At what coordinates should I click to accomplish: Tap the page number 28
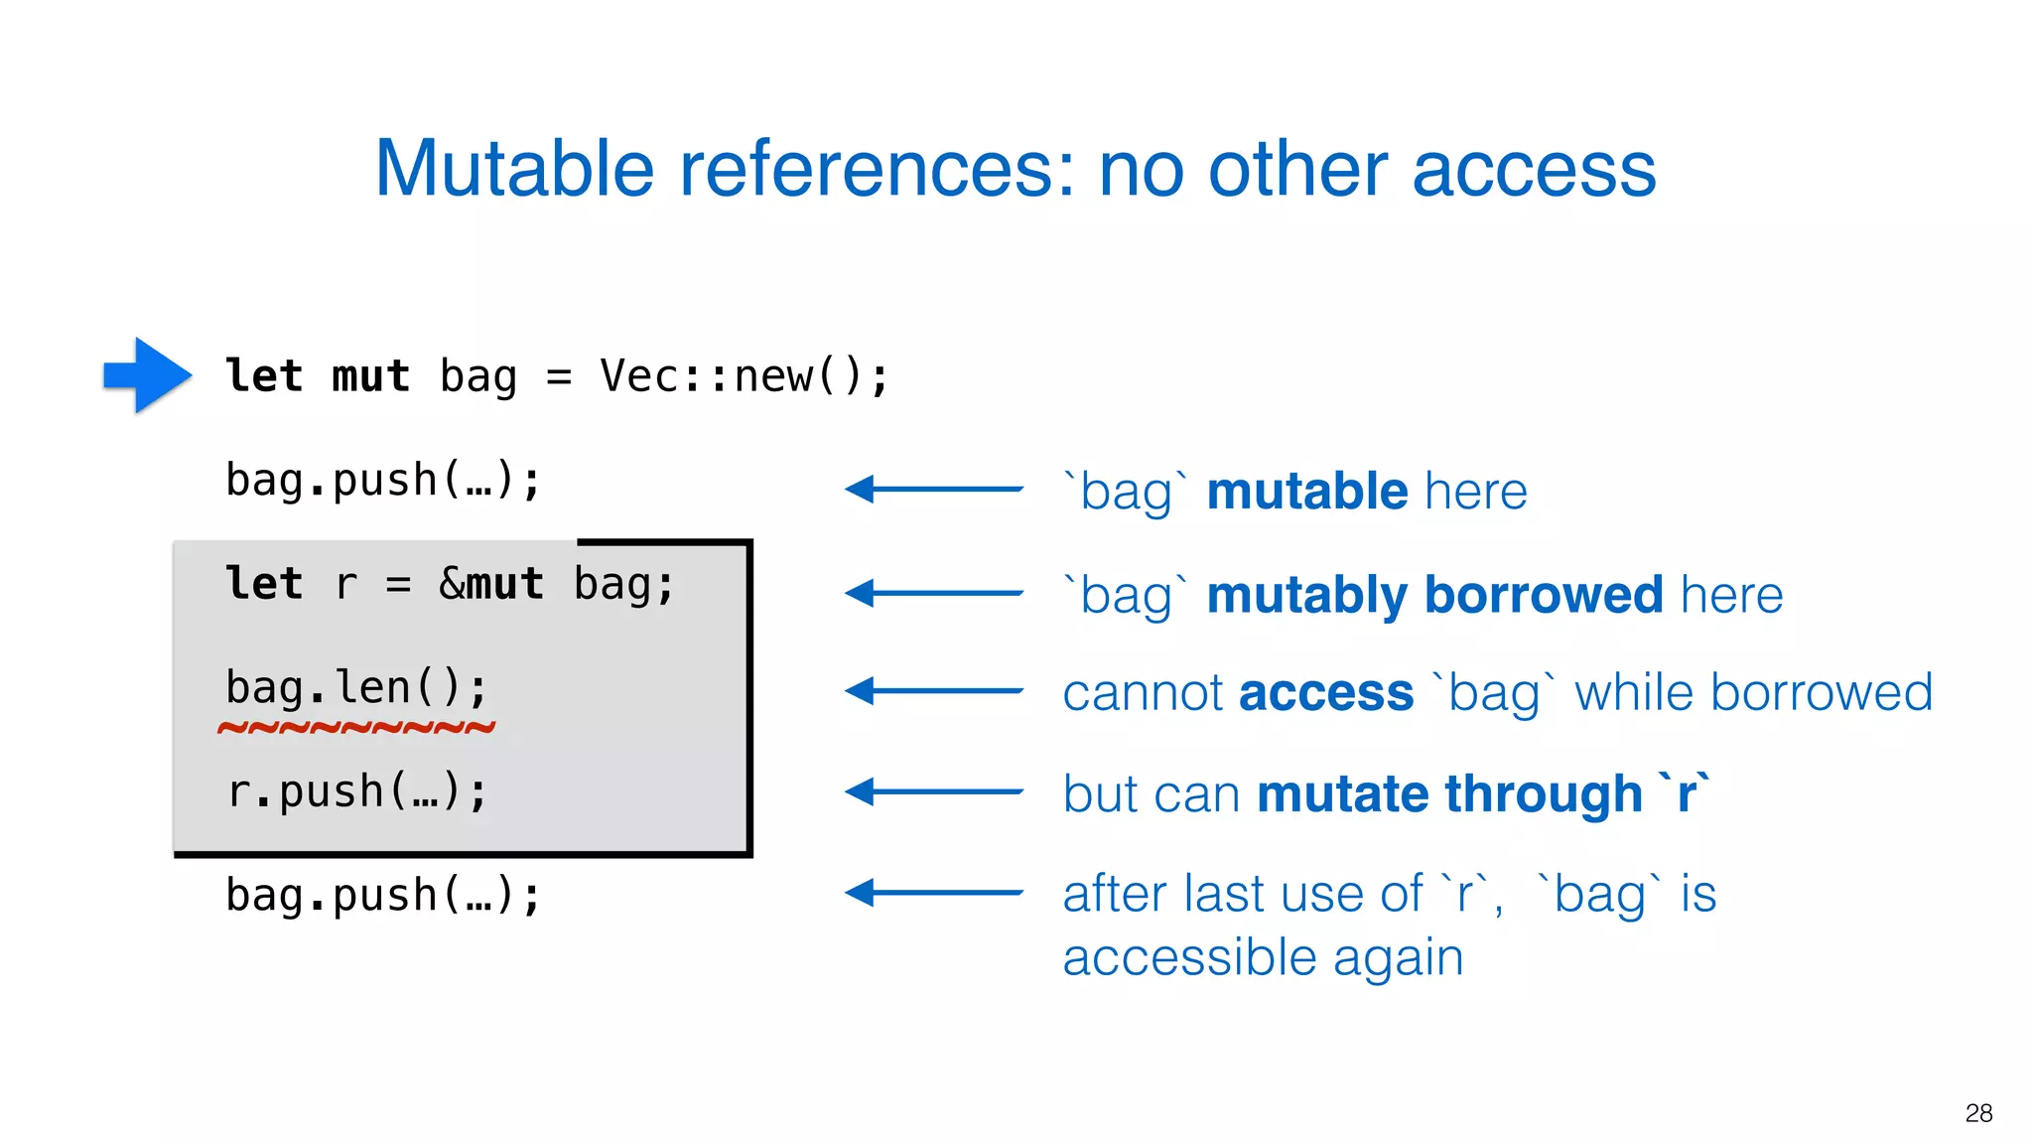point(1978,1113)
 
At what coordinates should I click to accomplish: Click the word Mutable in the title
point(514,169)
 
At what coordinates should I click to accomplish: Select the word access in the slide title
point(1534,169)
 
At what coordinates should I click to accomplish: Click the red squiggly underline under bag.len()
point(356,728)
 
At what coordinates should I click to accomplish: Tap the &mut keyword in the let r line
point(491,584)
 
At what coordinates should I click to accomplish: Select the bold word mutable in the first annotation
point(1307,492)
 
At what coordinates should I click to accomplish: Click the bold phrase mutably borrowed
point(1434,596)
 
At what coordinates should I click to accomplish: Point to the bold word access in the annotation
point(1326,693)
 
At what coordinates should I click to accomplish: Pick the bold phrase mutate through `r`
point(1483,794)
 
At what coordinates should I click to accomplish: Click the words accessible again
point(1263,958)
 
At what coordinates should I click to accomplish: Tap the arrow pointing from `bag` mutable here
point(933,489)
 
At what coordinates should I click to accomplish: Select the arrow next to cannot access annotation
point(933,691)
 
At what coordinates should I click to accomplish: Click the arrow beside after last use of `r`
point(933,893)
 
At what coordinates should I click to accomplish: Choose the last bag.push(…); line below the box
point(383,896)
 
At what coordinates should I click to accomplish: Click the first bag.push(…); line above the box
point(383,481)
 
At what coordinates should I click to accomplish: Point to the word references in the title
point(877,169)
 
